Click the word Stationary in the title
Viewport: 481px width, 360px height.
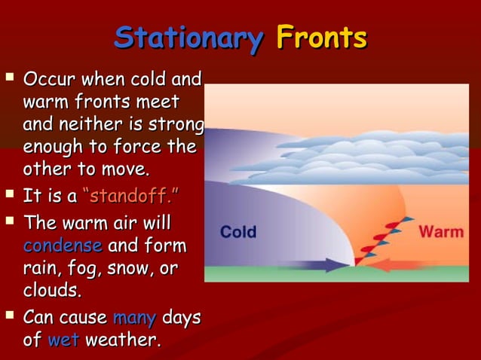click(x=188, y=38)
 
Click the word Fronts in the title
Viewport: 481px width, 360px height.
click(x=321, y=38)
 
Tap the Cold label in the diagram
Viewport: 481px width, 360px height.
click(x=238, y=232)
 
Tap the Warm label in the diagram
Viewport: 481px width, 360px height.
click(x=441, y=231)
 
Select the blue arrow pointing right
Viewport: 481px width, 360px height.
click(x=316, y=264)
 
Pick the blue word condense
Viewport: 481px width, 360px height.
click(x=63, y=246)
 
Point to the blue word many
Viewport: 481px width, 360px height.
click(x=134, y=316)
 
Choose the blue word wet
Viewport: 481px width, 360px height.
click(x=63, y=340)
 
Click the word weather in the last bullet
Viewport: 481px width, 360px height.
click(x=123, y=340)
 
